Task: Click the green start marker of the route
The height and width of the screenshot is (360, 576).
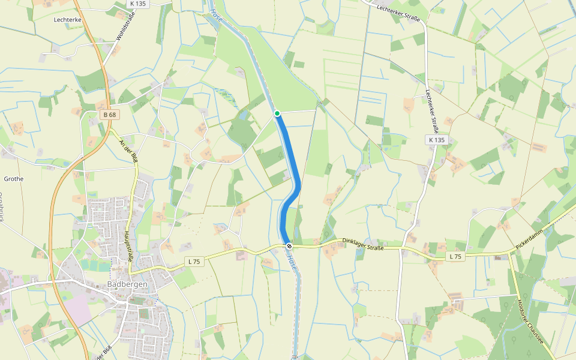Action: [x=277, y=113]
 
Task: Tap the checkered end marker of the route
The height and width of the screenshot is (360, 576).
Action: [x=289, y=245]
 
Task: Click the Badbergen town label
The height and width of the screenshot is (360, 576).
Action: [x=127, y=284]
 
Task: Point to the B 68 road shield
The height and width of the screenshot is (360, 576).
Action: [x=109, y=115]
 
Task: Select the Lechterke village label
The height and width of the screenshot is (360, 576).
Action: [x=67, y=20]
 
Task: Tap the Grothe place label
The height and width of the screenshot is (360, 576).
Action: [x=14, y=179]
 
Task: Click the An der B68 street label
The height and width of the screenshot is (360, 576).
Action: [x=128, y=150]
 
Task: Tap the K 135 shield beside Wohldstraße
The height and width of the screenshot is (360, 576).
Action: [x=137, y=4]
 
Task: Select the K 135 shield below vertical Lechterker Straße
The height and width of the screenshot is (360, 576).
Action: [x=437, y=140]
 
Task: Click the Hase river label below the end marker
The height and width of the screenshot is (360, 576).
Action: [x=292, y=262]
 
